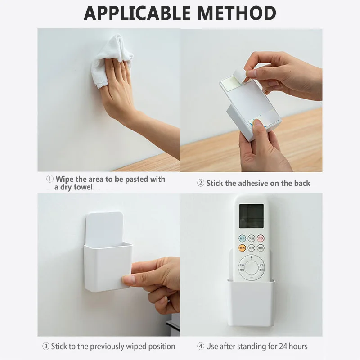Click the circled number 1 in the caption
tap(50, 179)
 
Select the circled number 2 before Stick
tap(201, 183)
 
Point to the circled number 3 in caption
tap(45, 346)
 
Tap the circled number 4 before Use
tap(201, 346)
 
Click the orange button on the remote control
tap(242, 247)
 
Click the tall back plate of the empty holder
tap(103, 227)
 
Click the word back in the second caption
tap(301, 183)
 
